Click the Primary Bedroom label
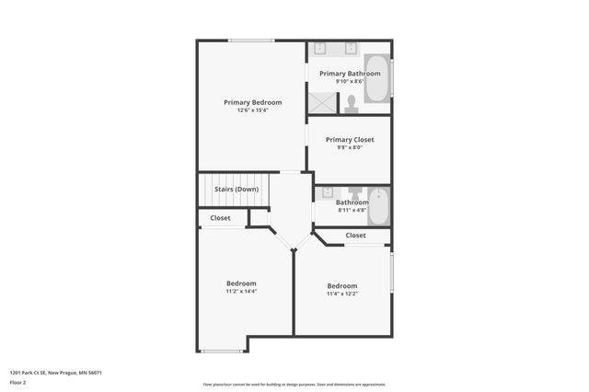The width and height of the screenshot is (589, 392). (x=252, y=102)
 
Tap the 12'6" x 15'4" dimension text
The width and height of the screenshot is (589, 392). (x=252, y=110)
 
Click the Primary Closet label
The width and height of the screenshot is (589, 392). (x=349, y=140)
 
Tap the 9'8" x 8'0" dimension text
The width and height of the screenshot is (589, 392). (x=349, y=148)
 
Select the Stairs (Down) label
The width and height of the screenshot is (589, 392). (x=237, y=190)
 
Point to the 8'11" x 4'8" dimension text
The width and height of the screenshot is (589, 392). (x=352, y=211)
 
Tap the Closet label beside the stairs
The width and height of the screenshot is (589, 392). (x=221, y=218)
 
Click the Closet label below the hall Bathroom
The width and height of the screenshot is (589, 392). (x=355, y=236)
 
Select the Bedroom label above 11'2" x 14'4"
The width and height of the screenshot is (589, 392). (x=241, y=283)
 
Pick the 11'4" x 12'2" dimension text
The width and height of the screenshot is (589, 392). (x=342, y=294)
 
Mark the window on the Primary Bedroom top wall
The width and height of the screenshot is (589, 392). (x=251, y=40)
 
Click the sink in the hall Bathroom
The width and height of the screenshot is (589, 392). (x=328, y=193)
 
